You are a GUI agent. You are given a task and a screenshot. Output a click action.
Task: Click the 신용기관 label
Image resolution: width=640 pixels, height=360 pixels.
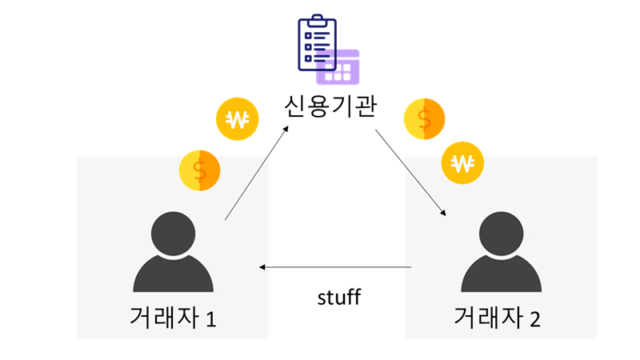click(329, 106)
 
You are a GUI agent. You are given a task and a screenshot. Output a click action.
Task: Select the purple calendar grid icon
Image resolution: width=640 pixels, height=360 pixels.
click(339, 67)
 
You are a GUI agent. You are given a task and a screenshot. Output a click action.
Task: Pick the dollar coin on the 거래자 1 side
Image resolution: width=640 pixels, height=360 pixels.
click(200, 170)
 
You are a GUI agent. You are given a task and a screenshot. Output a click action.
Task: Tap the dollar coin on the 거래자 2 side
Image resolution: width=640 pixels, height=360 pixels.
click(424, 118)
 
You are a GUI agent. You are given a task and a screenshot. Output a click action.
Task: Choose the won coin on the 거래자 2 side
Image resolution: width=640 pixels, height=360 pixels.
click(462, 163)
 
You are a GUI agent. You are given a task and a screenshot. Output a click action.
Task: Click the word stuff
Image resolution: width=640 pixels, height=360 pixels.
click(339, 298)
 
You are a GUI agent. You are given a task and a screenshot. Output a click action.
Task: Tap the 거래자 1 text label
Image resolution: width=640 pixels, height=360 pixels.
click(173, 318)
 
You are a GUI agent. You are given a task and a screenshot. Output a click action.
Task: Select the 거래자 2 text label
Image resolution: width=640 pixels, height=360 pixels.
click(497, 318)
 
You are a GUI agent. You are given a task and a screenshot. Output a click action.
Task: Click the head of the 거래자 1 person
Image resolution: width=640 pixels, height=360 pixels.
click(173, 233)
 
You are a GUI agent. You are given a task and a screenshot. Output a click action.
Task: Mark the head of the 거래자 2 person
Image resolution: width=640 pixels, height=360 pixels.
click(501, 233)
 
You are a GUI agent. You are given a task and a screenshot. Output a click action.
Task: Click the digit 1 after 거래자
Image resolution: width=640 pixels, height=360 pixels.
click(211, 319)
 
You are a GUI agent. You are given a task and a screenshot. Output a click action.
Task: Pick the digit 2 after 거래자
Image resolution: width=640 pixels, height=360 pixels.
click(535, 319)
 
